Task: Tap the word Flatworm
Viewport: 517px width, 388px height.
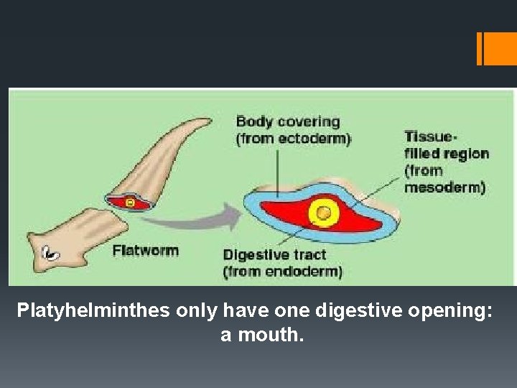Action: pyautogui.click(x=146, y=251)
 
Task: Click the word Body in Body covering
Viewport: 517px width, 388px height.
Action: pyautogui.click(x=252, y=121)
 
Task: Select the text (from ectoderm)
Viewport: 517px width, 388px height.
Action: pyautogui.click(x=294, y=139)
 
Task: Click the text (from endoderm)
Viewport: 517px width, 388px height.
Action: pyautogui.click(x=282, y=272)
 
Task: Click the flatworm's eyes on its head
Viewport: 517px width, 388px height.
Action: pyautogui.click(x=50, y=252)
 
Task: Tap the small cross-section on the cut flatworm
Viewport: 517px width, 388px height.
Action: pyautogui.click(x=129, y=203)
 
